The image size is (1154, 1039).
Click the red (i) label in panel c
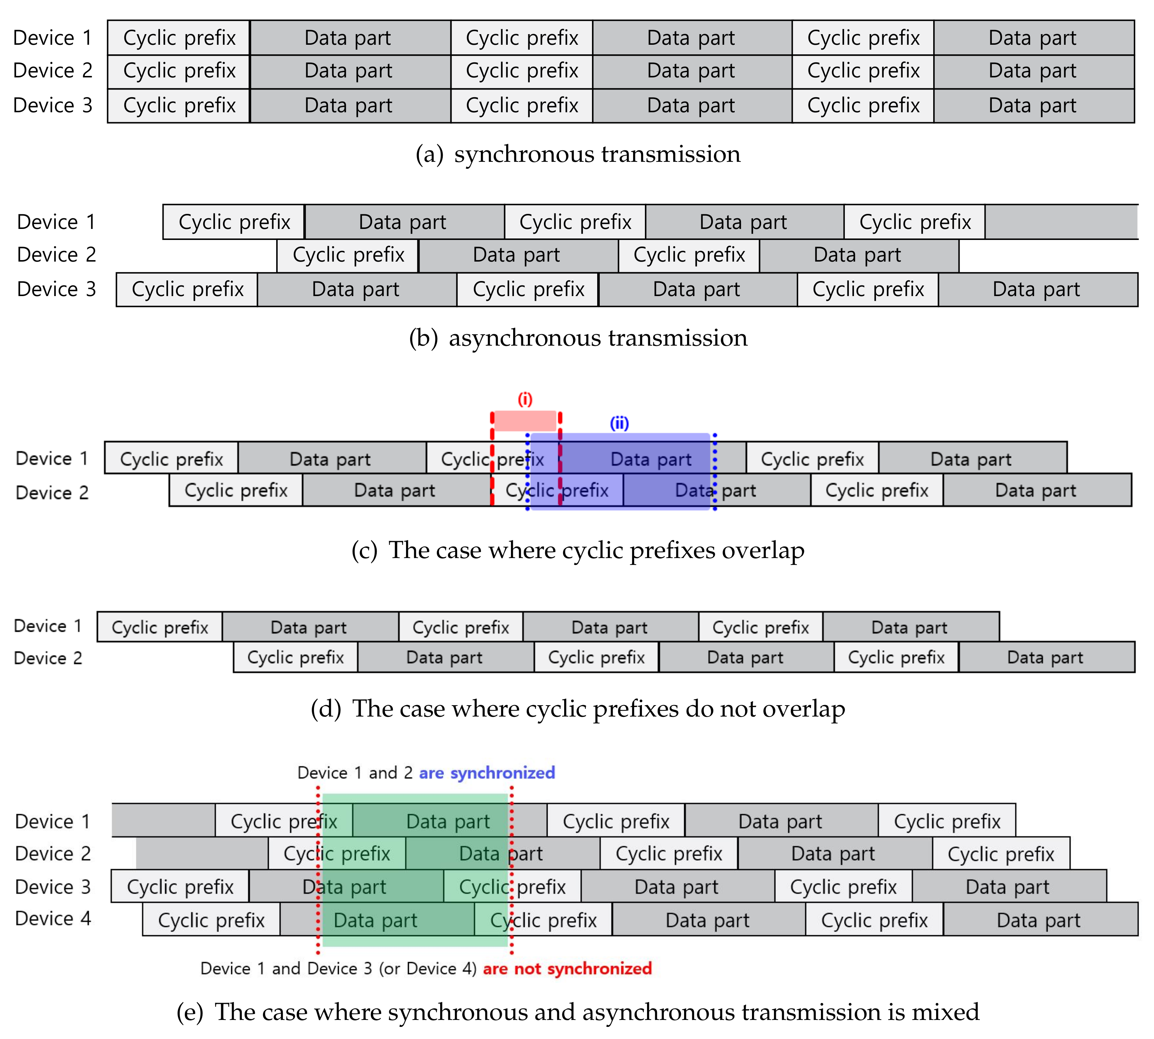[525, 399]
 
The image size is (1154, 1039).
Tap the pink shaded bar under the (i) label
[525, 421]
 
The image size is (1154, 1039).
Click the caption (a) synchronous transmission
[578, 154]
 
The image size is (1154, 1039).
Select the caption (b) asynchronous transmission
[578, 338]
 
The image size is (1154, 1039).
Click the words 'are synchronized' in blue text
[486, 773]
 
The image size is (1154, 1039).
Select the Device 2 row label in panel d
[48, 658]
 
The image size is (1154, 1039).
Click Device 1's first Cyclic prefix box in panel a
[179, 38]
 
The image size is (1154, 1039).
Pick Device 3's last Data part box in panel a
[1033, 106]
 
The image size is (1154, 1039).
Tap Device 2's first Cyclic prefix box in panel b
[348, 255]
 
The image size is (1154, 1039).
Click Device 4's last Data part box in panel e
[1039, 920]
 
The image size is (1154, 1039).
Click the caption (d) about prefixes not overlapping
[578, 709]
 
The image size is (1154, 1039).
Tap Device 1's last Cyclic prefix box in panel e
[947, 821]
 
